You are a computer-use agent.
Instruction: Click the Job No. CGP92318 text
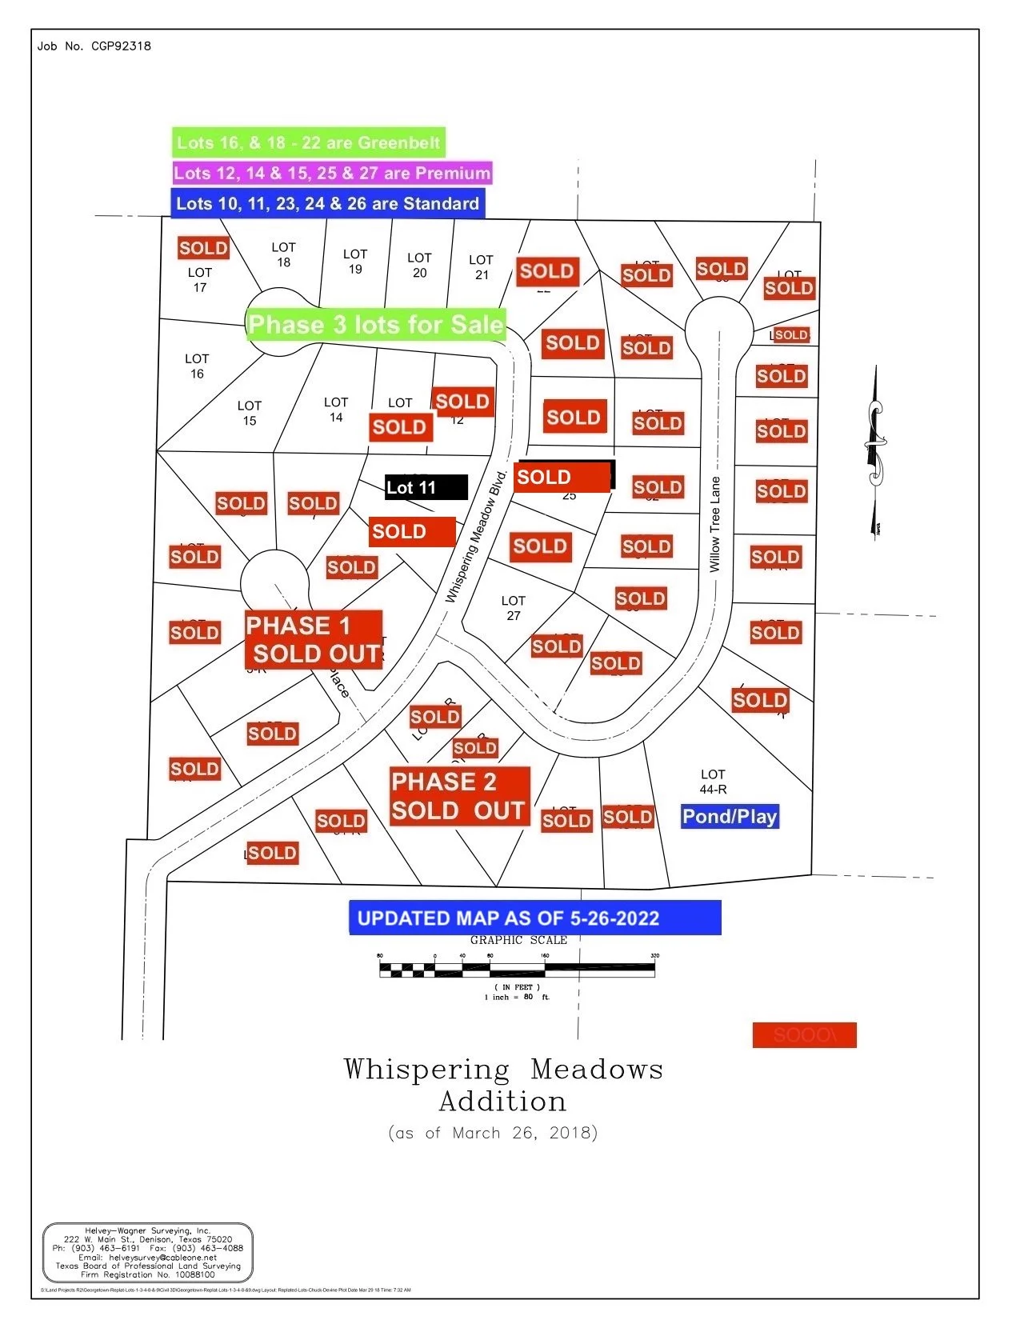(x=94, y=46)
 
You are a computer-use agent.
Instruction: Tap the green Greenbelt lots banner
(x=308, y=143)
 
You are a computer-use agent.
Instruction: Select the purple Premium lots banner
(x=332, y=173)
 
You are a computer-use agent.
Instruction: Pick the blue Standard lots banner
(x=327, y=203)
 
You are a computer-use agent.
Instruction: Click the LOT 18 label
(x=283, y=254)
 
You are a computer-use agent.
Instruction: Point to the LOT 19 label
(x=355, y=262)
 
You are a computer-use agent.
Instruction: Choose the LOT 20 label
(x=419, y=265)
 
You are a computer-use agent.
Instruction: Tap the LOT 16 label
(x=197, y=366)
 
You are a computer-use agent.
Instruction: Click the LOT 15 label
(x=250, y=413)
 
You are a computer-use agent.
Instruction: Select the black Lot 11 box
(x=426, y=487)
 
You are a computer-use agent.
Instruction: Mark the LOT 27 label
(x=514, y=608)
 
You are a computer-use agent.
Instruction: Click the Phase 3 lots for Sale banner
(x=376, y=324)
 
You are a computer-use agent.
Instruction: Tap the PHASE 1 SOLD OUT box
(x=314, y=639)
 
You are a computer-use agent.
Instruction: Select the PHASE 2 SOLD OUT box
(x=459, y=796)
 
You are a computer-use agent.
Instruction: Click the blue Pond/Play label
(x=730, y=816)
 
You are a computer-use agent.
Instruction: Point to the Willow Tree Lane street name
(x=715, y=524)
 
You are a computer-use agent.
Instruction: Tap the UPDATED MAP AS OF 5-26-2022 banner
(x=534, y=918)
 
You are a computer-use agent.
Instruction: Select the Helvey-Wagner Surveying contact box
(x=148, y=1252)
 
